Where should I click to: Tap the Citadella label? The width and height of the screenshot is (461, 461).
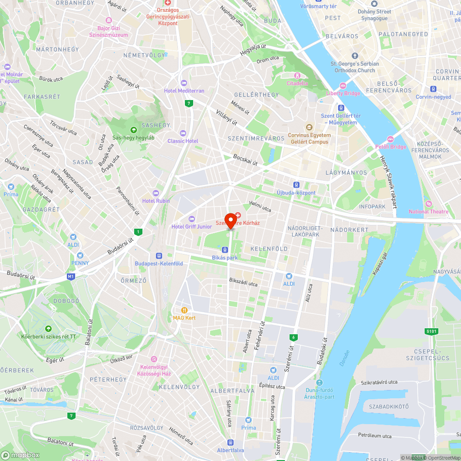point(297,83)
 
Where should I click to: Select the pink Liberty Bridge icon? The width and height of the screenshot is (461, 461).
point(343,86)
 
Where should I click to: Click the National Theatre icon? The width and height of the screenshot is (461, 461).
point(428,204)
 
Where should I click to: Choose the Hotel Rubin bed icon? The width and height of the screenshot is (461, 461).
point(156,193)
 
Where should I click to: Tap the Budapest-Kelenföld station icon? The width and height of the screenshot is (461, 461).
point(159,256)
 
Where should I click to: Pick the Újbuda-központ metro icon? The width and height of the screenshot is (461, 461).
point(296,185)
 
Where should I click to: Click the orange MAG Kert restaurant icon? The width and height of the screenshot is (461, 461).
point(184,310)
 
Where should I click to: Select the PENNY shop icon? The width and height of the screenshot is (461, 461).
point(80,255)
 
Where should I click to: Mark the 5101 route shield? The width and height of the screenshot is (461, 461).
point(431,331)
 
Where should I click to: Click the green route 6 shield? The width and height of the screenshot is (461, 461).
point(293,337)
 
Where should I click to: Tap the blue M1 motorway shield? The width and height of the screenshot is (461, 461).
point(71,277)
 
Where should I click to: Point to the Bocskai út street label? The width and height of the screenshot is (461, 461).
point(244,159)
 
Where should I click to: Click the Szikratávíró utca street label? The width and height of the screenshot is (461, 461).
point(379,382)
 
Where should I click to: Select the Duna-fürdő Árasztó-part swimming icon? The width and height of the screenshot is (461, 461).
point(319,383)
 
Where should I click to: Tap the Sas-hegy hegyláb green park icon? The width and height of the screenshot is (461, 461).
point(133,130)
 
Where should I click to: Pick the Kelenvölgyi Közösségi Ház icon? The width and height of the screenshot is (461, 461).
point(154,359)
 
